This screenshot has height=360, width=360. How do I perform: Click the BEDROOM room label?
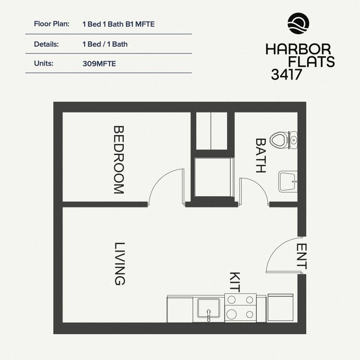[x=119, y=160]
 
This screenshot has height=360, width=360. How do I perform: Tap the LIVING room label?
[x=120, y=264]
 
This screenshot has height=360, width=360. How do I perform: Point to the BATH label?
[x=261, y=155]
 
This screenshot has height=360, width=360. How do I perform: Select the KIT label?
[x=235, y=282]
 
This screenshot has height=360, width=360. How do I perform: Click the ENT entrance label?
[x=301, y=256]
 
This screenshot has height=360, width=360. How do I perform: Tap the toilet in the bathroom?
[x=283, y=140]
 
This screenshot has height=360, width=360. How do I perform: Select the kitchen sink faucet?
[x=208, y=315]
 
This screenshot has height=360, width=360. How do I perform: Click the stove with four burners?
[x=240, y=307]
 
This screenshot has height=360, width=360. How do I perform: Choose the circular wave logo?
[x=298, y=23]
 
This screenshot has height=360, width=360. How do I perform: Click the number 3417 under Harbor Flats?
[x=286, y=75]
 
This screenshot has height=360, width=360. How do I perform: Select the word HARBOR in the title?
[x=298, y=49]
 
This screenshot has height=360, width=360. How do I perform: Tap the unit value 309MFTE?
[x=99, y=64]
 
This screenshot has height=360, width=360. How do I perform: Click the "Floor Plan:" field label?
[x=52, y=24]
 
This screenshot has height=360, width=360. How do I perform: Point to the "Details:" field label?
[x=46, y=44]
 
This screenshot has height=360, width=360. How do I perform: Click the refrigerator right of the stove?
[x=280, y=307]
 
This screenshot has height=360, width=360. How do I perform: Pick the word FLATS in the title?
[x=311, y=62]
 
